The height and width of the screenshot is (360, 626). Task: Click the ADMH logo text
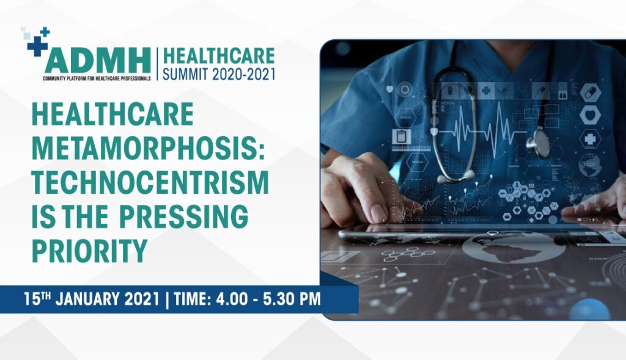[x=97, y=61]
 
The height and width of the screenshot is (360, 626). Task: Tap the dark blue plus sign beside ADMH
[x=37, y=46]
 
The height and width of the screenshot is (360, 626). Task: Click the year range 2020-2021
[x=243, y=74]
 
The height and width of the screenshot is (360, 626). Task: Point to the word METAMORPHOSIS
[x=148, y=149]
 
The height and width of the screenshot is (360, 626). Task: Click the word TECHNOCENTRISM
[x=150, y=182]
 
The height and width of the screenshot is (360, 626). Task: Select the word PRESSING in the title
[x=183, y=216]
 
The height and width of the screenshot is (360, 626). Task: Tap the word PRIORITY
[x=89, y=250]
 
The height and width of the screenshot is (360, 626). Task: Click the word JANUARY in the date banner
[x=87, y=299]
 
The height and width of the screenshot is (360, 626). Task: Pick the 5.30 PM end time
[x=292, y=299]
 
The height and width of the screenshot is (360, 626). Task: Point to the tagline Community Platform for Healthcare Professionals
[x=97, y=78]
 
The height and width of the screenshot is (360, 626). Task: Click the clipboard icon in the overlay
[x=400, y=136]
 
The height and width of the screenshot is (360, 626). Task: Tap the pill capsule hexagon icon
[x=590, y=93]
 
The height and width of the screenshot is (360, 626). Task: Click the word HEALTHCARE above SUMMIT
[x=219, y=56]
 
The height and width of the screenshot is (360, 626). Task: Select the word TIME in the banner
[x=191, y=299]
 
